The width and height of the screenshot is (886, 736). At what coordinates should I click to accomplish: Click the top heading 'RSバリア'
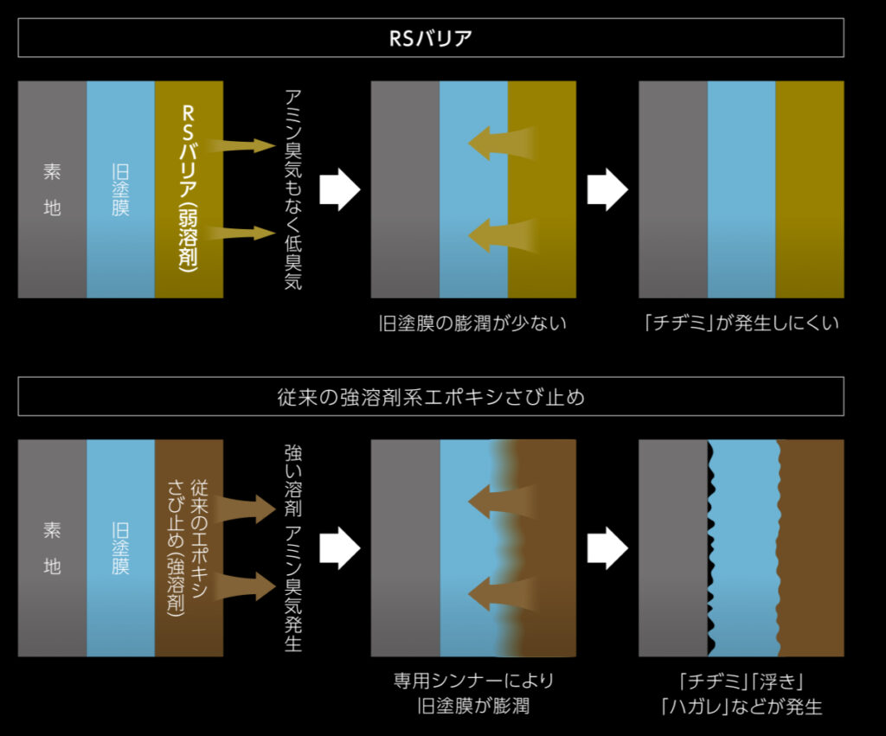tap(430, 39)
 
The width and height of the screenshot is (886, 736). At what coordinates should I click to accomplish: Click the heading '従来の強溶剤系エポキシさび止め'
tap(430, 397)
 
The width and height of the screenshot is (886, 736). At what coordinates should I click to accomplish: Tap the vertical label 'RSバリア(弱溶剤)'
tap(189, 189)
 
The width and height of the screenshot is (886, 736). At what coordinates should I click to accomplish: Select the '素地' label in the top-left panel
tap(52, 189)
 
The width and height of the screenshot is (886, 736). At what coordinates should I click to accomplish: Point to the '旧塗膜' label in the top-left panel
tap(120, 189)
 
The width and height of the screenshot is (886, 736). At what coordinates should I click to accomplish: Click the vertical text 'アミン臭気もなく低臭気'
tap(293, 189)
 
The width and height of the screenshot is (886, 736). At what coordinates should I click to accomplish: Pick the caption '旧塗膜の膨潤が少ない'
tap(472, 324)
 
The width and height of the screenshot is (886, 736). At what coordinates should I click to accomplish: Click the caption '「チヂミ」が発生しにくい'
tap(741, 324)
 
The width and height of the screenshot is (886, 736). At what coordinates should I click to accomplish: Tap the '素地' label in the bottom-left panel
tap(52, 548)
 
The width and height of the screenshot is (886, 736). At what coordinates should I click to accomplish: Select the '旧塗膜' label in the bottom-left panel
tap(120, 548)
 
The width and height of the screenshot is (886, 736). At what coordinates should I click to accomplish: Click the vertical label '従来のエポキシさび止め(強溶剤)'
tap(188, 548)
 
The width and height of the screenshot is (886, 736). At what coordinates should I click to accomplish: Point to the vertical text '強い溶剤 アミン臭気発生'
tap(293, 548)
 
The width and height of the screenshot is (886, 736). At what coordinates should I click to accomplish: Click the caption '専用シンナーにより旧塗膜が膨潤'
tap(472, 694)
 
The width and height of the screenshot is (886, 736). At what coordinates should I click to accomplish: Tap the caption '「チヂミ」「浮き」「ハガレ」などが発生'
tap(741, 694)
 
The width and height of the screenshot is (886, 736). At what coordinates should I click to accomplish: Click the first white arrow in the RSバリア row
tap(339, 189)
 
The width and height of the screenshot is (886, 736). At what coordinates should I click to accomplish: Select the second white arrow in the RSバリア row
tap(607, 189)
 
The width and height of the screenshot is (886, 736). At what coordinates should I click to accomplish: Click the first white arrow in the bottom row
tap(339, 548)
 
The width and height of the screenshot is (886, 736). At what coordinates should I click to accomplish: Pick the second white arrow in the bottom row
tap(607, 548)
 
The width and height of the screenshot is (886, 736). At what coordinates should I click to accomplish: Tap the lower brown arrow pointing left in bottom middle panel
tap(502, 594)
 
